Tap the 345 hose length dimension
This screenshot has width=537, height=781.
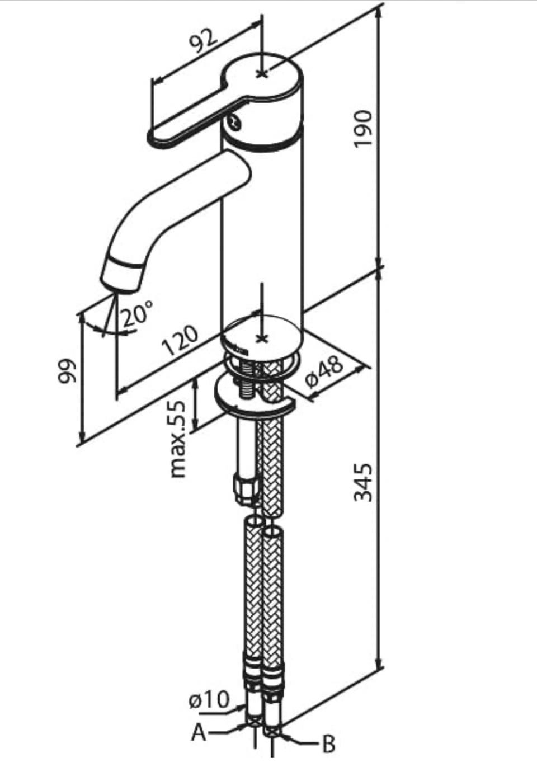363,482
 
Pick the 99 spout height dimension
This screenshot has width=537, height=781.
67,371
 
